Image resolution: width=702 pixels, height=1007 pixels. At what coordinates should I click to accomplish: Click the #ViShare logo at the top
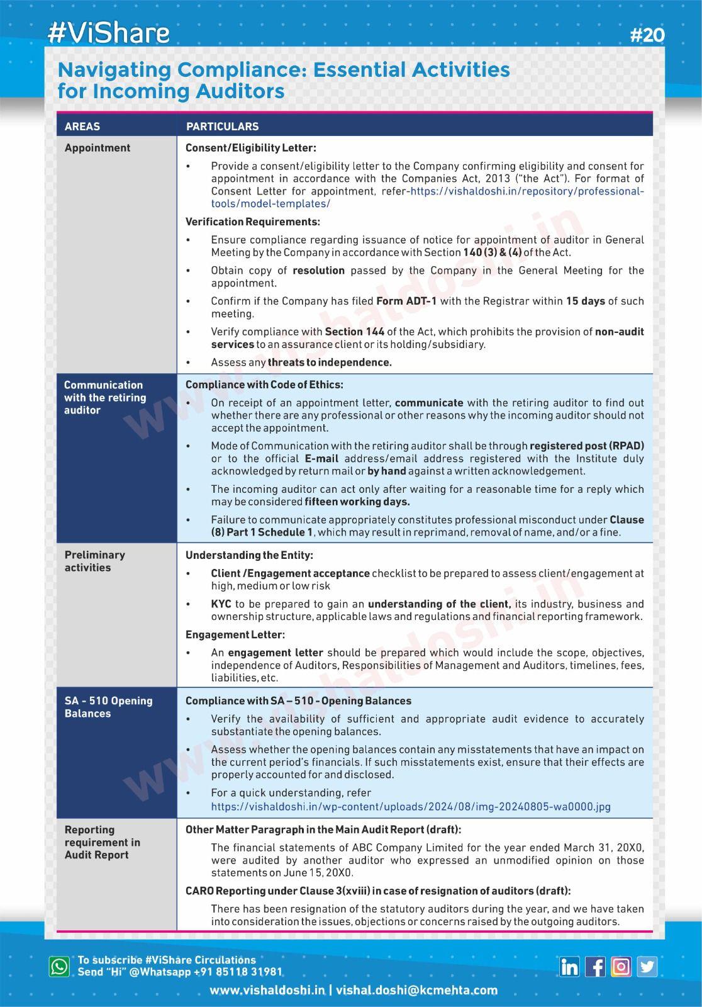(x=108, y=33)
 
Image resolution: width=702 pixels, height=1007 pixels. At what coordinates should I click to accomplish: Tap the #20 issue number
(x=647, y=35)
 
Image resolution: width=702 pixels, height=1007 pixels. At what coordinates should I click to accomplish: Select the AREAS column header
(x=82, y=127)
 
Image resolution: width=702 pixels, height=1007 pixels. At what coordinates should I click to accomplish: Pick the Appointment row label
(x=97, y=148)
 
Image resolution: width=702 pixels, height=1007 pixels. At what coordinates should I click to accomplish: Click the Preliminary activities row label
(x=95, y=561)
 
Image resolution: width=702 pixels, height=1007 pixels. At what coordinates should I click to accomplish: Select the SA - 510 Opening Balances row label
(x=108, y=707)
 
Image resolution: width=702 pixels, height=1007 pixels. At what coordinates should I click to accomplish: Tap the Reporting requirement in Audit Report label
(x=102, y=842)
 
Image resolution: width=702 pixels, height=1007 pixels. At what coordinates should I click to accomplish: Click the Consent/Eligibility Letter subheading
(x=250, y=148)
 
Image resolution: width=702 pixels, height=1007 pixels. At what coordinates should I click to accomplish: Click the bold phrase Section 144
(x=355, y=332)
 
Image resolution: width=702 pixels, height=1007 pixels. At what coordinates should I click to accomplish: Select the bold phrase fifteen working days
(x=357, y=502)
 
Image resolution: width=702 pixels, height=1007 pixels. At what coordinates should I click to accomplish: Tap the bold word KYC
(x=221, y=604)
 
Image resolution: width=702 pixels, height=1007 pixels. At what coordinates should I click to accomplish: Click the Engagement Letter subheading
(x=235, y=634)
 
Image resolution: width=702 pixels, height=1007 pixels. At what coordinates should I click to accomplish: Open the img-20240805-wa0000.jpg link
(x=410, y=806)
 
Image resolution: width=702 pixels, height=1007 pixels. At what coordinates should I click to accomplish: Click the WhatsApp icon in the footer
(x=60, y=966)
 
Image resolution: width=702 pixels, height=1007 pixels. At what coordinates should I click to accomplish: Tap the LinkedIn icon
(x=569, y=967)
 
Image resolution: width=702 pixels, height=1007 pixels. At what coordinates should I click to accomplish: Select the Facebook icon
(x=595, y=967)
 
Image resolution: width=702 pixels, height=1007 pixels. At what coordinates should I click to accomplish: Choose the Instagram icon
(x=621, y=967)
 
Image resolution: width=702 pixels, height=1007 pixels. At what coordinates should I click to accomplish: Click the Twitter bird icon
(x=647, y=967)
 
